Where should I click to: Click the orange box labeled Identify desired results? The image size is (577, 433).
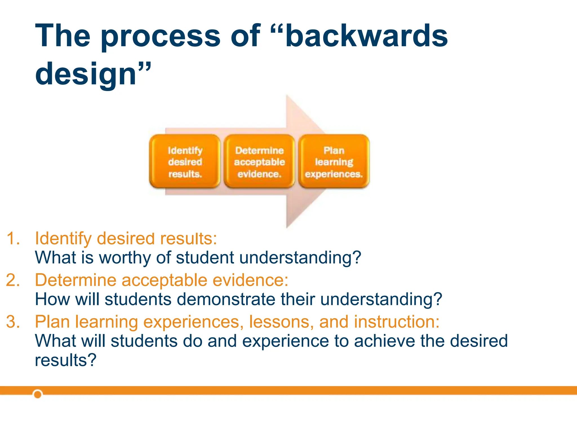point(185,162)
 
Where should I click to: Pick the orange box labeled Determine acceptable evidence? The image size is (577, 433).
point(259,162)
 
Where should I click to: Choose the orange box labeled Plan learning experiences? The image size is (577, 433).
point(334,162)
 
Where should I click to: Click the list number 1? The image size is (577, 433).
point(13,238)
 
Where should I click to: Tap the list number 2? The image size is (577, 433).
point(13,280)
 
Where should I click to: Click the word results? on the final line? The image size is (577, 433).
point(66,360)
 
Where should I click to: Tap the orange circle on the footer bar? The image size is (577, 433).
point(37,394)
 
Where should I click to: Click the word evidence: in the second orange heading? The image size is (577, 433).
point(250,280)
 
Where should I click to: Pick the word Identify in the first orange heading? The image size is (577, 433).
point(63,238)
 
